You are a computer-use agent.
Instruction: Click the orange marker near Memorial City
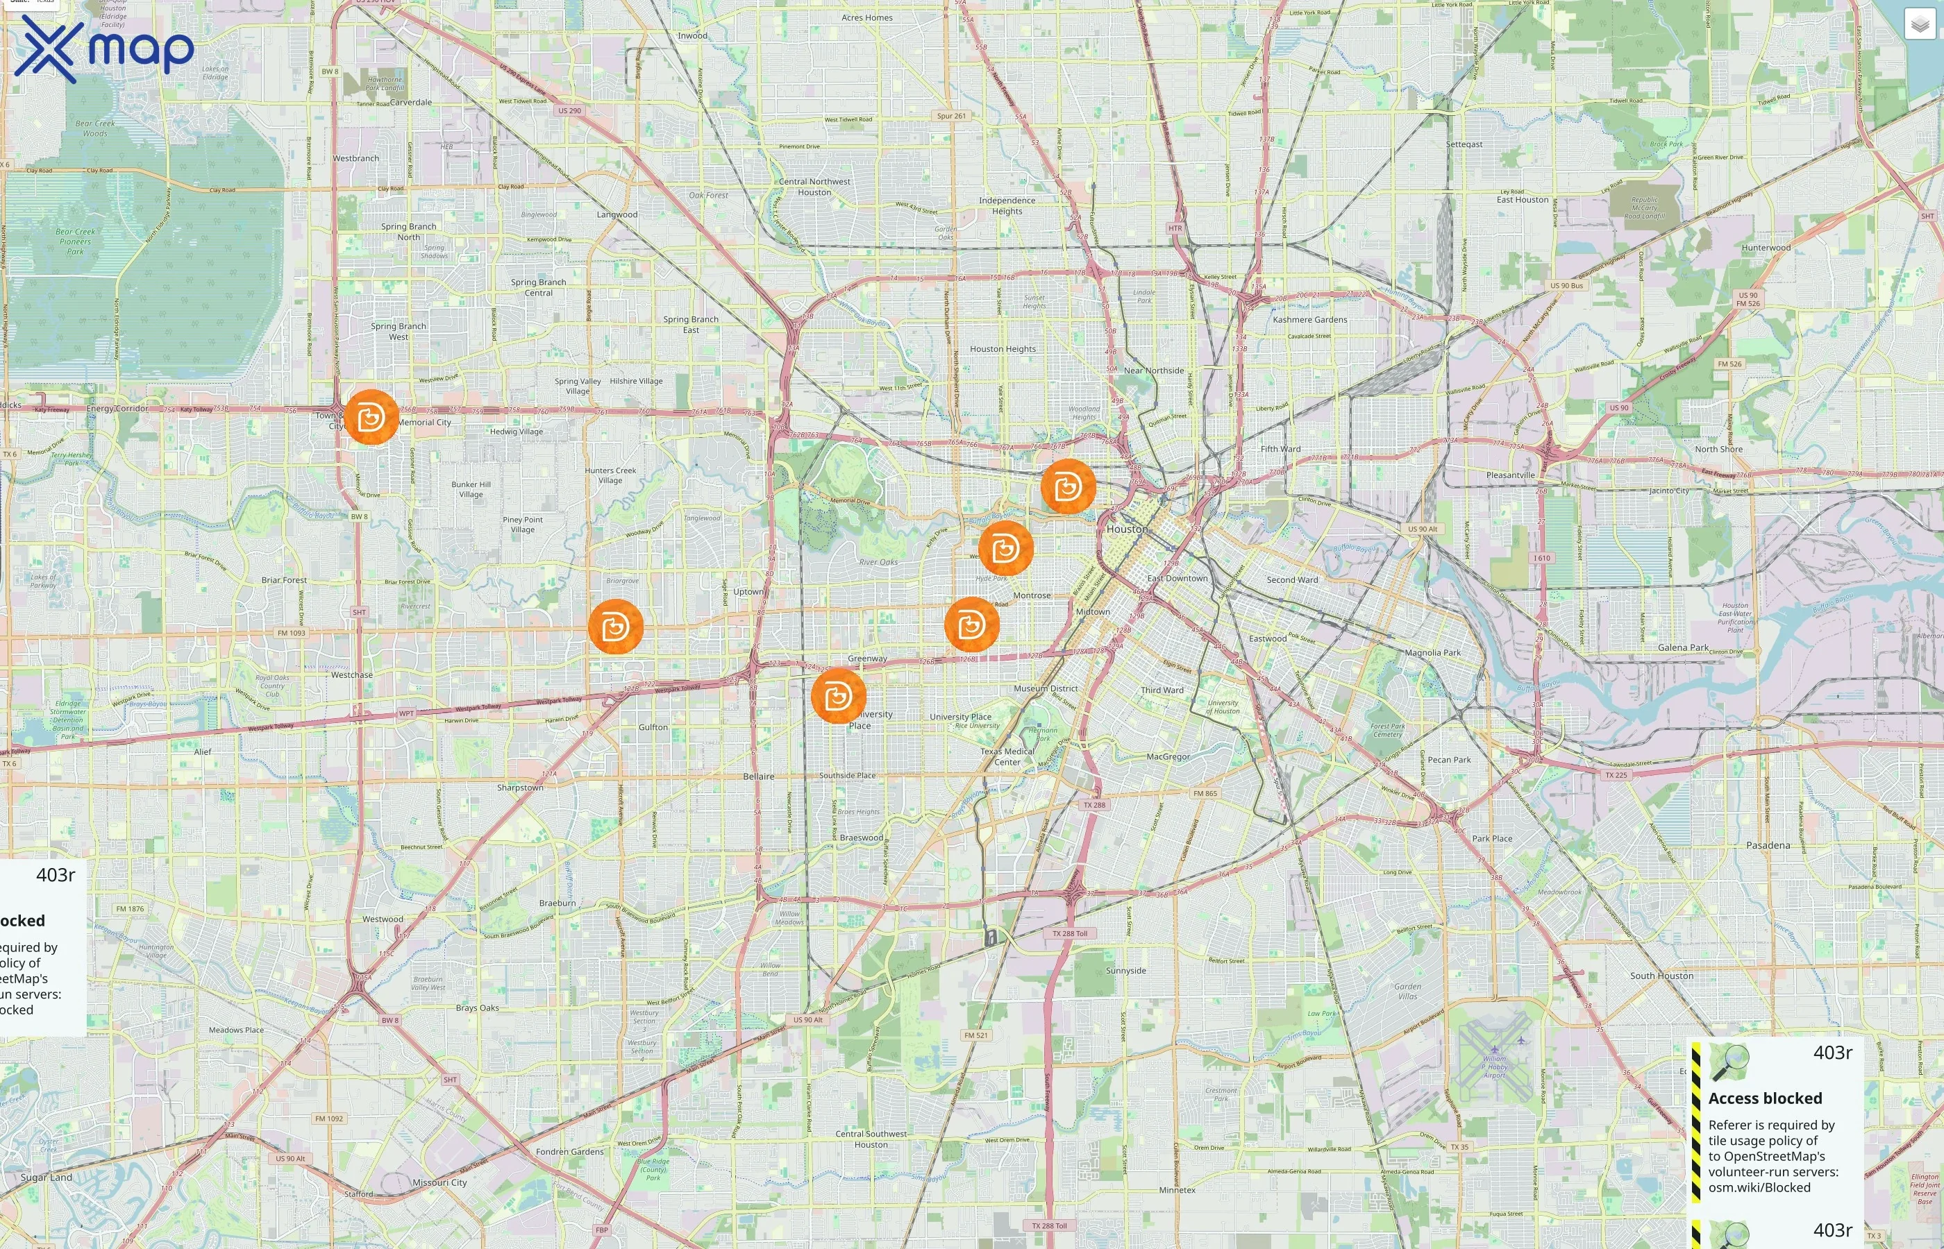coord(371,417)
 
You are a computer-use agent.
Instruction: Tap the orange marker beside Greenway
coord(838,696)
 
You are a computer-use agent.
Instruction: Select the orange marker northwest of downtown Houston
coord(1068,486)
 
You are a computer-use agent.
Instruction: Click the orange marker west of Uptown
coord(615,626)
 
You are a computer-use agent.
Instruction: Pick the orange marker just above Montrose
coord(1005,549)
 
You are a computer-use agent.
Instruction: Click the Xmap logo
coord(104,49)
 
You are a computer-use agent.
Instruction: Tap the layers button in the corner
coord(1920,24)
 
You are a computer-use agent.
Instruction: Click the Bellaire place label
coord(759,776)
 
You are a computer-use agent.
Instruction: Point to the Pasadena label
coord(1768,845)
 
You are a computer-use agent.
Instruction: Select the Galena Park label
coord(1683,647)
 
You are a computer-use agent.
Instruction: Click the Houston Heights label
coord(1003,349)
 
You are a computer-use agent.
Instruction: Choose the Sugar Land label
coord(47,1178)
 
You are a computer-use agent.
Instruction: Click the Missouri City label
coord(439,1182)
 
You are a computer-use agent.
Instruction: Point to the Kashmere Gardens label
coord(1309,320)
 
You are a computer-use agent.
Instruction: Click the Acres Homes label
coord(866,18)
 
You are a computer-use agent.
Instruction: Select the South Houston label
coord(1661,976)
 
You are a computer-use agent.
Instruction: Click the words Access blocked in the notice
coord(1765,1098)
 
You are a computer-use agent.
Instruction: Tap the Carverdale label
coord(410,102)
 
